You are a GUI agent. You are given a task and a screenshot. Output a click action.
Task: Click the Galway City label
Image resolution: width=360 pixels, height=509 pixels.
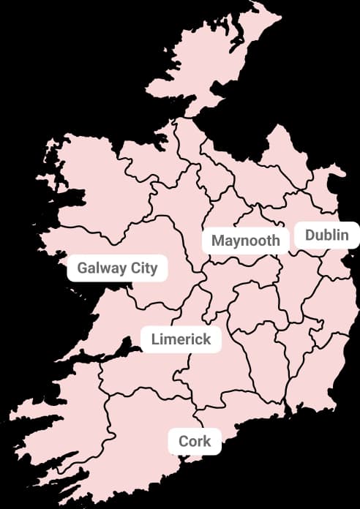117,268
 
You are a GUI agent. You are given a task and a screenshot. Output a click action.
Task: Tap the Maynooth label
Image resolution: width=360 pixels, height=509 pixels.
246,241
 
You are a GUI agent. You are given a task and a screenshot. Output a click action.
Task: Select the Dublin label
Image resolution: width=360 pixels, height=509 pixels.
328,235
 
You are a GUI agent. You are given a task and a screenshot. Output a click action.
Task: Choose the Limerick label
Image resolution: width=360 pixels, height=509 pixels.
181,339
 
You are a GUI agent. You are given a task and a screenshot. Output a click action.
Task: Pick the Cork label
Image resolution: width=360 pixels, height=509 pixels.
195,441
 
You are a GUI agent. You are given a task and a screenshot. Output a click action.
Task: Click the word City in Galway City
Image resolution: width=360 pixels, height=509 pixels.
144,268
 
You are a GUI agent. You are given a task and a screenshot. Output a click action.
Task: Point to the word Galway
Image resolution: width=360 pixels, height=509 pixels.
101,268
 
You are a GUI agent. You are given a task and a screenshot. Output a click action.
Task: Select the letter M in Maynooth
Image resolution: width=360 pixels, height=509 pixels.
217,241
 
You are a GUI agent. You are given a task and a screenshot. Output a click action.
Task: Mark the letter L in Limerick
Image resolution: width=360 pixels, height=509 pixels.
155,339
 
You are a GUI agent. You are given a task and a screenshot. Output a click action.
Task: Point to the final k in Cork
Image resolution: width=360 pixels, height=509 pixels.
207,441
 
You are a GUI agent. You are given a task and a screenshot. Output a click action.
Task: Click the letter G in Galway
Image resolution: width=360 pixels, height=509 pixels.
82,268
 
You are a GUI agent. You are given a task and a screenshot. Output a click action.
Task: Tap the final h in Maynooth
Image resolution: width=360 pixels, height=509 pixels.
276,241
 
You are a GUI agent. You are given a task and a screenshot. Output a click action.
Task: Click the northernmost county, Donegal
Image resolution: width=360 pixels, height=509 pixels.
205,66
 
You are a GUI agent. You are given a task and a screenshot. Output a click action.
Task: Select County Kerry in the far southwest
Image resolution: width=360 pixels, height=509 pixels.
59,431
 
